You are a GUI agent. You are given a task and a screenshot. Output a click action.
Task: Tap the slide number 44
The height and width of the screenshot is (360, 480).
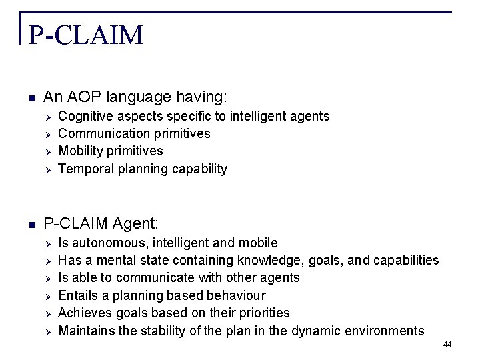[447, 344]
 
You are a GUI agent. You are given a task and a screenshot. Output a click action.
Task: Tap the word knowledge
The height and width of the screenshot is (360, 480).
[279, 260]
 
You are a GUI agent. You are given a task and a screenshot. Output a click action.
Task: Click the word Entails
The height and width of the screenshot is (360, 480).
[79, 295]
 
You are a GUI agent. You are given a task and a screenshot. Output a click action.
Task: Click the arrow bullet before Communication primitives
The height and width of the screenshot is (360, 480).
[47, 134]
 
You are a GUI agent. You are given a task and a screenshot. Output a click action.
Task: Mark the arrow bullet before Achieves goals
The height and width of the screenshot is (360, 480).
[47, 313]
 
